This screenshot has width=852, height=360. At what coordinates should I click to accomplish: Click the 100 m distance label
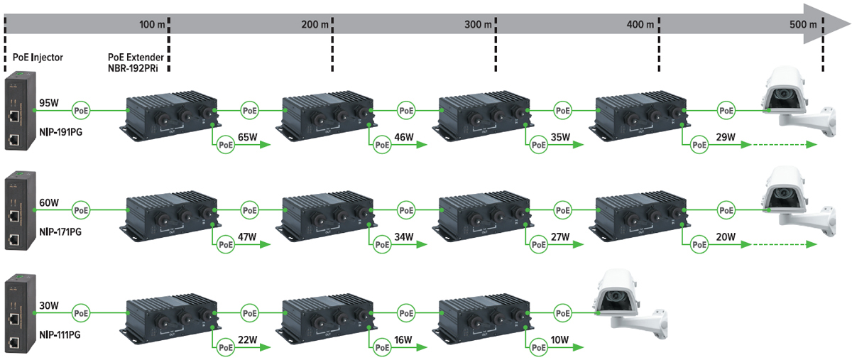[152, 25]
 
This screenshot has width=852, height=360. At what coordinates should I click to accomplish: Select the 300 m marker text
[479, 25]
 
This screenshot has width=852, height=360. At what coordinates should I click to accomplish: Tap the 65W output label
[246, 136]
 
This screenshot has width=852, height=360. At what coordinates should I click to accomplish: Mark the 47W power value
[246, 236]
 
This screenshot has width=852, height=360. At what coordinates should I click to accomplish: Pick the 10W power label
[560, 339]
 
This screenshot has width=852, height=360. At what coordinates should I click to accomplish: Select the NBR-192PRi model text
[138, 68]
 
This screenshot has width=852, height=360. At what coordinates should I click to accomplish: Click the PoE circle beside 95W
[82, 110]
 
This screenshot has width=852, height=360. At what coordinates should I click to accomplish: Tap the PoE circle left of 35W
[539, 144]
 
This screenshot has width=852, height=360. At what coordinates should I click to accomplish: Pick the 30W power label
[49, 306]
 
